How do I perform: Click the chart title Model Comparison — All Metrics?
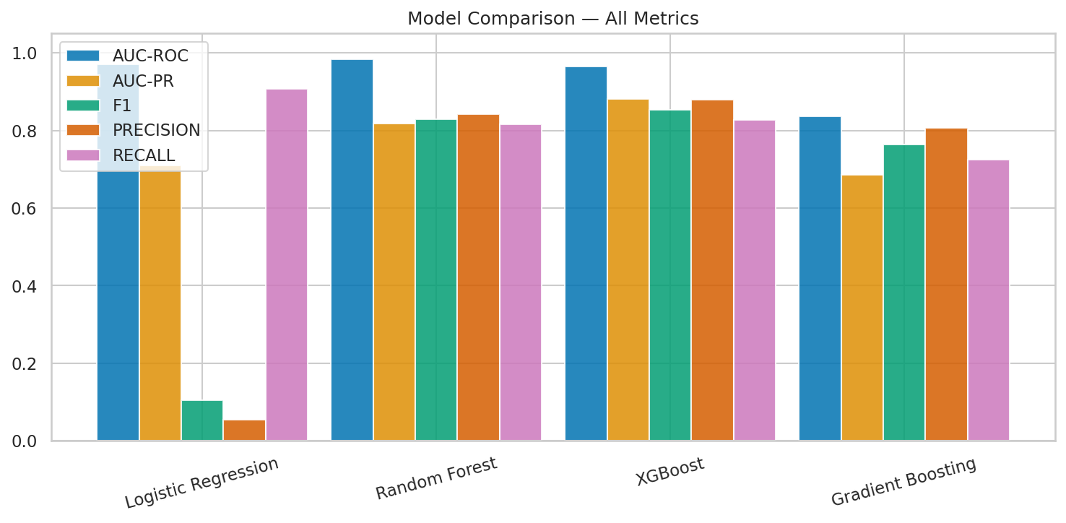552,19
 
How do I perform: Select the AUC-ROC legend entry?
149,56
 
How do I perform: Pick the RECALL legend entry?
144,155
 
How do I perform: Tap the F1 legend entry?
122,105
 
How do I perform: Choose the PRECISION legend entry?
156,130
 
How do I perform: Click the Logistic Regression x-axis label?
201,483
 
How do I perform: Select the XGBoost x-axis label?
669,472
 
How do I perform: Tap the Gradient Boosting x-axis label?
903,482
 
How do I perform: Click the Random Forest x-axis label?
436,478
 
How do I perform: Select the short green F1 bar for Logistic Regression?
202,420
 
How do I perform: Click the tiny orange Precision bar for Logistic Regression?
244,431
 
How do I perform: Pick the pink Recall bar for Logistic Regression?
287,264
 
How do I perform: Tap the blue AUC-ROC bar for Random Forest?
352,250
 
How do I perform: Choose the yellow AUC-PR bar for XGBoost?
628,269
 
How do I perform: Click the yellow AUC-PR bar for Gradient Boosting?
862,308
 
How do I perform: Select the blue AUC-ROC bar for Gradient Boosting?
820,278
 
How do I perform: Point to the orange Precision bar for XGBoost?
712,270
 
